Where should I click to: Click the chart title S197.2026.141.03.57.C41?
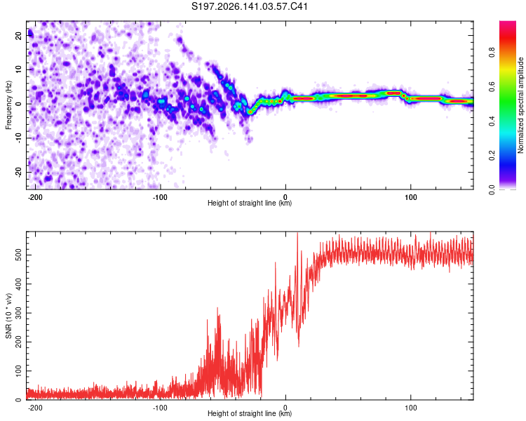(x=249, y=6)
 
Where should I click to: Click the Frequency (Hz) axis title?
(x=8, y=105)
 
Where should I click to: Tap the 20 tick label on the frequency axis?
(x=19, y=35)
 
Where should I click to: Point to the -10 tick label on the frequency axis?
(x=19, y=138)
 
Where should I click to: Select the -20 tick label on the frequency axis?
(x=19, y=172)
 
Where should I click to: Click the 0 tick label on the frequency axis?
(x=19, y=104)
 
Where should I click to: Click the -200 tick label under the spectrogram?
(x=34, y=197)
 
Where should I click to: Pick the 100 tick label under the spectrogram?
(x=410, y=197)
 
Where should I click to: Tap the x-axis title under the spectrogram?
(x=250, y=203)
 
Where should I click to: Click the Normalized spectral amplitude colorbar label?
(x=520, y=105)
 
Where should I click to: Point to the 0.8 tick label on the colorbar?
(x=492, y=53)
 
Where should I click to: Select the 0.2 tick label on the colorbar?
(x=492, y=156)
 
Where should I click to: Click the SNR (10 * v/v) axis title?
(x=8, y=316)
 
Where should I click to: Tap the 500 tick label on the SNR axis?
(x=19, y=255)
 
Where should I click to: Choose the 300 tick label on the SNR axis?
(x=19, y=313)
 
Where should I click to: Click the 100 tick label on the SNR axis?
(x=19, y=371)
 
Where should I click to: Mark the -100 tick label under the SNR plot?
(x=160, y=408)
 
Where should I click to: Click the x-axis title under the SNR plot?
(x=250, y=413)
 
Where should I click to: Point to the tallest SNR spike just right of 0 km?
(x=297, y=233)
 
